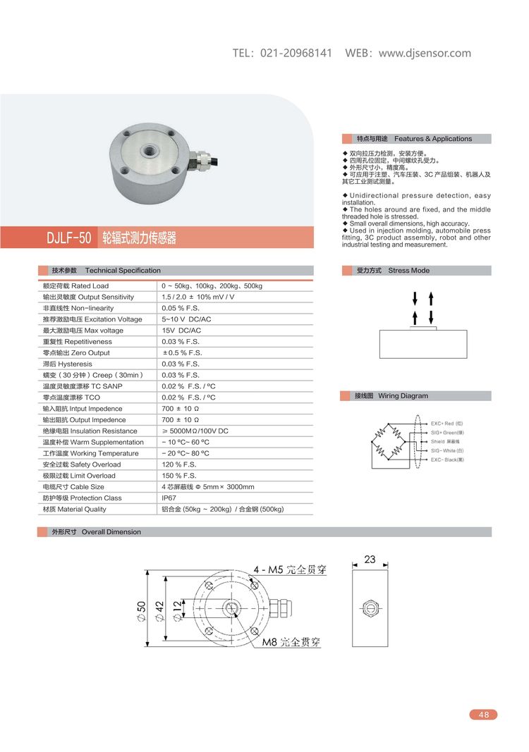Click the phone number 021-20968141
tap(296, 54)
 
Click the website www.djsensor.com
tap(425, 54)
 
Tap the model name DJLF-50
tap(68, 238)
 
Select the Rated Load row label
tap(76, 285)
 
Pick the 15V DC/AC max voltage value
tap(181, 331)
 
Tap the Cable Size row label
tap(73, 486)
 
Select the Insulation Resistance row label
tap(90, 431)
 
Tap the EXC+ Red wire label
tap(446, 424)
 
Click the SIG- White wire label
tap(447, 450)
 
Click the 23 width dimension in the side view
tap(370, 560)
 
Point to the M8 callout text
tap(291, 643)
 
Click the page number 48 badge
tap(483, 715)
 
